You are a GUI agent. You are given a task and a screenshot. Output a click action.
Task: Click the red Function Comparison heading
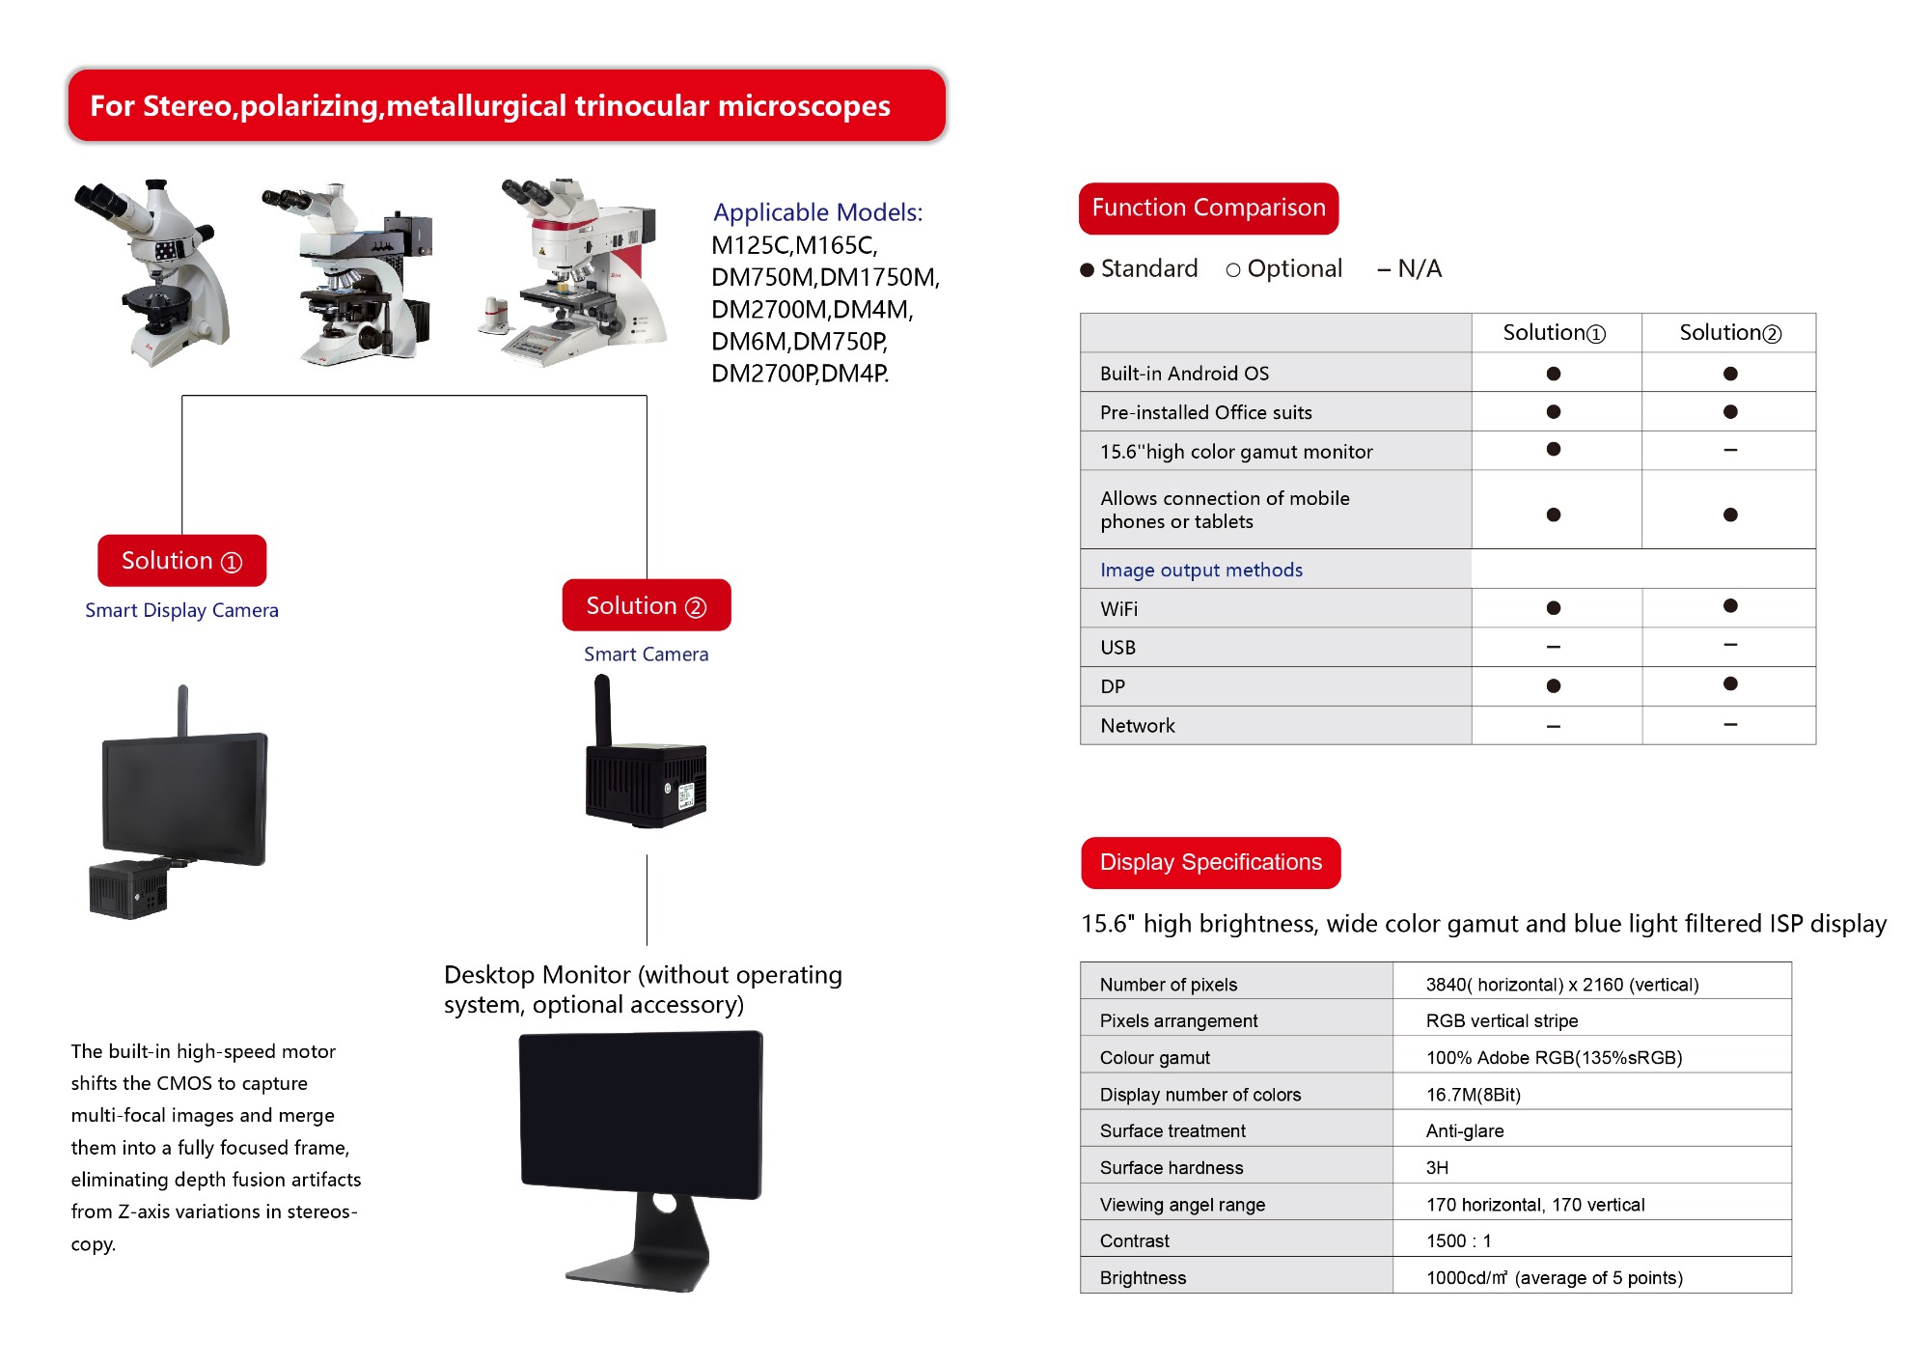1208,209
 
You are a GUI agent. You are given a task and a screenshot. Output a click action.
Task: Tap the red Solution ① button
181,561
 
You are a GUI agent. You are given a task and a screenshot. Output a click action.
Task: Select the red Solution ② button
647,605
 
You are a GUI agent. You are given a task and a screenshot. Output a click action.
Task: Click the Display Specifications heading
1210,862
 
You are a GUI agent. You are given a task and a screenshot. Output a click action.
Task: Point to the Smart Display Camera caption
181,610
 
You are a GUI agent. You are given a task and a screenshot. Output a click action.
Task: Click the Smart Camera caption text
646,655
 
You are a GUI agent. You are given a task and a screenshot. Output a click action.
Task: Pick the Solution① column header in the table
1554,333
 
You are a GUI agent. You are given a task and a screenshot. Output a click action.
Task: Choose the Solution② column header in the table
1729,333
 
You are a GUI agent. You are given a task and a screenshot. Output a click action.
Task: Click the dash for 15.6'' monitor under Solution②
1730,450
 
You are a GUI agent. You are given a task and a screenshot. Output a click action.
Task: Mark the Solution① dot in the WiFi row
1554,608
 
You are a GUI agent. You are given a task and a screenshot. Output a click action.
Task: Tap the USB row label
1117,648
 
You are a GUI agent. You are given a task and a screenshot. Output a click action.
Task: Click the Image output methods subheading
1200,571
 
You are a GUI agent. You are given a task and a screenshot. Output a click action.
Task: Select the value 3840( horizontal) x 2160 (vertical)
1561,985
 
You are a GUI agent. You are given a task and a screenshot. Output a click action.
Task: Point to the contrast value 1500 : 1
1458,1240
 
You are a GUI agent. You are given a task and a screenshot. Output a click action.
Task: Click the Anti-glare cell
1464,1130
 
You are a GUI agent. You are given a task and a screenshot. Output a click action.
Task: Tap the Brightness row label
1143,1278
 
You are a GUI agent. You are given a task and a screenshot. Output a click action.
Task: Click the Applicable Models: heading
817,212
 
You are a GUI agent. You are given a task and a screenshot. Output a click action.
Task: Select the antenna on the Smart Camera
602,710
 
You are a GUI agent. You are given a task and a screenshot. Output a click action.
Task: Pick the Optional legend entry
1284,269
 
